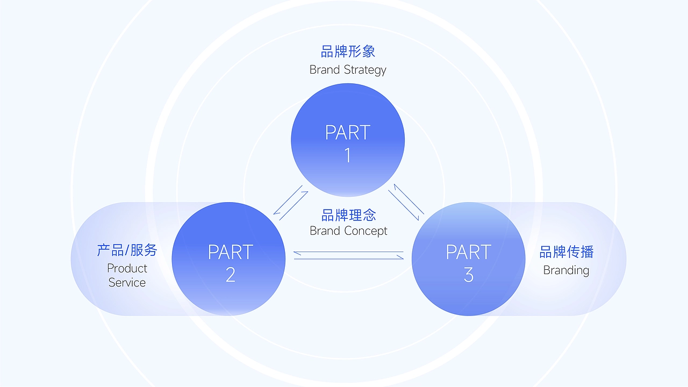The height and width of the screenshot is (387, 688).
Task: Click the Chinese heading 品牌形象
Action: (348, 51)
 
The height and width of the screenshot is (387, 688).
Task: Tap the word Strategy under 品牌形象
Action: (365, 70)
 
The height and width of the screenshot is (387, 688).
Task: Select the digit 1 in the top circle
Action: (348, 155)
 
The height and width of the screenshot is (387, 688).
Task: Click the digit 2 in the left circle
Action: (231, 275)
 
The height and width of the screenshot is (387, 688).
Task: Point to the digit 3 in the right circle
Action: (468, 275)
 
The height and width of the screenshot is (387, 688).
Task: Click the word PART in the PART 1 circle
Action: (348, 133)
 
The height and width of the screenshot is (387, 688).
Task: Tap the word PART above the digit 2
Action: (231, 252)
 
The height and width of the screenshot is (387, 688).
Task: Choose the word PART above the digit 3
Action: (468, 252)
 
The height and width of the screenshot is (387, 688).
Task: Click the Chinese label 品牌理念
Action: (348, 215)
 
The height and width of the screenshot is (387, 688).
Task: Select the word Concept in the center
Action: (365, 231)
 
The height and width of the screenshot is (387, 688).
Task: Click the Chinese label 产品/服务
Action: (127, 250)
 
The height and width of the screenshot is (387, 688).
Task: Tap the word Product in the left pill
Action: (127, 268)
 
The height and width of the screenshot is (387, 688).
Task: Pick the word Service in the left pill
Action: (127, 283)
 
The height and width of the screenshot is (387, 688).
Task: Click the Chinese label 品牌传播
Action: (567, 252)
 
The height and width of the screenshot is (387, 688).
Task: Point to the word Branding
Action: (566, 270)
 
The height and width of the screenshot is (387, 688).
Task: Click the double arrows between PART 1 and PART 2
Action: (291, 203)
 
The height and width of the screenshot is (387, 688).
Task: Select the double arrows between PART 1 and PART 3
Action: (406, 202)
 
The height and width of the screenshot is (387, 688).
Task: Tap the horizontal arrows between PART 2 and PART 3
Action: (349, 255)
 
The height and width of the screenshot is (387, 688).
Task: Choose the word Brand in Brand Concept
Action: (325, 231)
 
